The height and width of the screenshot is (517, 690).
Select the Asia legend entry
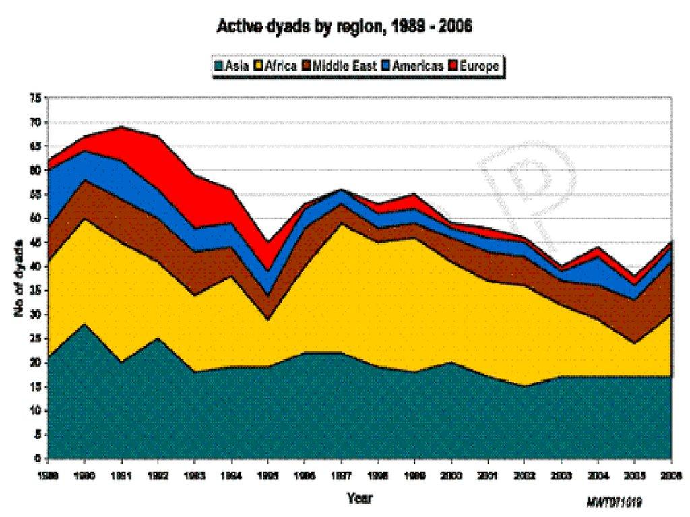click(x=231, y=65)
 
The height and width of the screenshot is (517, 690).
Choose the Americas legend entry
click(x=413, y=65)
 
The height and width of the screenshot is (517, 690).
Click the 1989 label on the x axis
click(x=47, y=475)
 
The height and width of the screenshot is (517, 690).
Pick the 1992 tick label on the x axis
click(x=157, y=475)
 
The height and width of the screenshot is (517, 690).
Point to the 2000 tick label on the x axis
click(x=451, y=475)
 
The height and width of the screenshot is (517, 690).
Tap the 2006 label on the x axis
click(x=670, y=475)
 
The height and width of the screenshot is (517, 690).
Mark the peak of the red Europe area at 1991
click(x=121, y=127)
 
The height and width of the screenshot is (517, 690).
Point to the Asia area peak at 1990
click(x=84, y=324)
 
